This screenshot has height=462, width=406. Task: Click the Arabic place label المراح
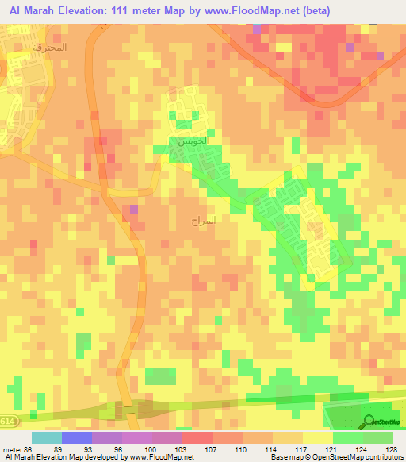[x=203, y=221]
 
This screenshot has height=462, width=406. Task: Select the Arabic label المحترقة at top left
[x=49, y=47]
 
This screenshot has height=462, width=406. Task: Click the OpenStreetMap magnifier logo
[x=369, y=422]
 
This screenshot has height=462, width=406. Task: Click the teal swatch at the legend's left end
[x=46, y=437]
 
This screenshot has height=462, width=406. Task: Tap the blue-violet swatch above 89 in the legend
[x=76, y=437]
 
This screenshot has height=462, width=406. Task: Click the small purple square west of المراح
[x=133, y=210]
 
